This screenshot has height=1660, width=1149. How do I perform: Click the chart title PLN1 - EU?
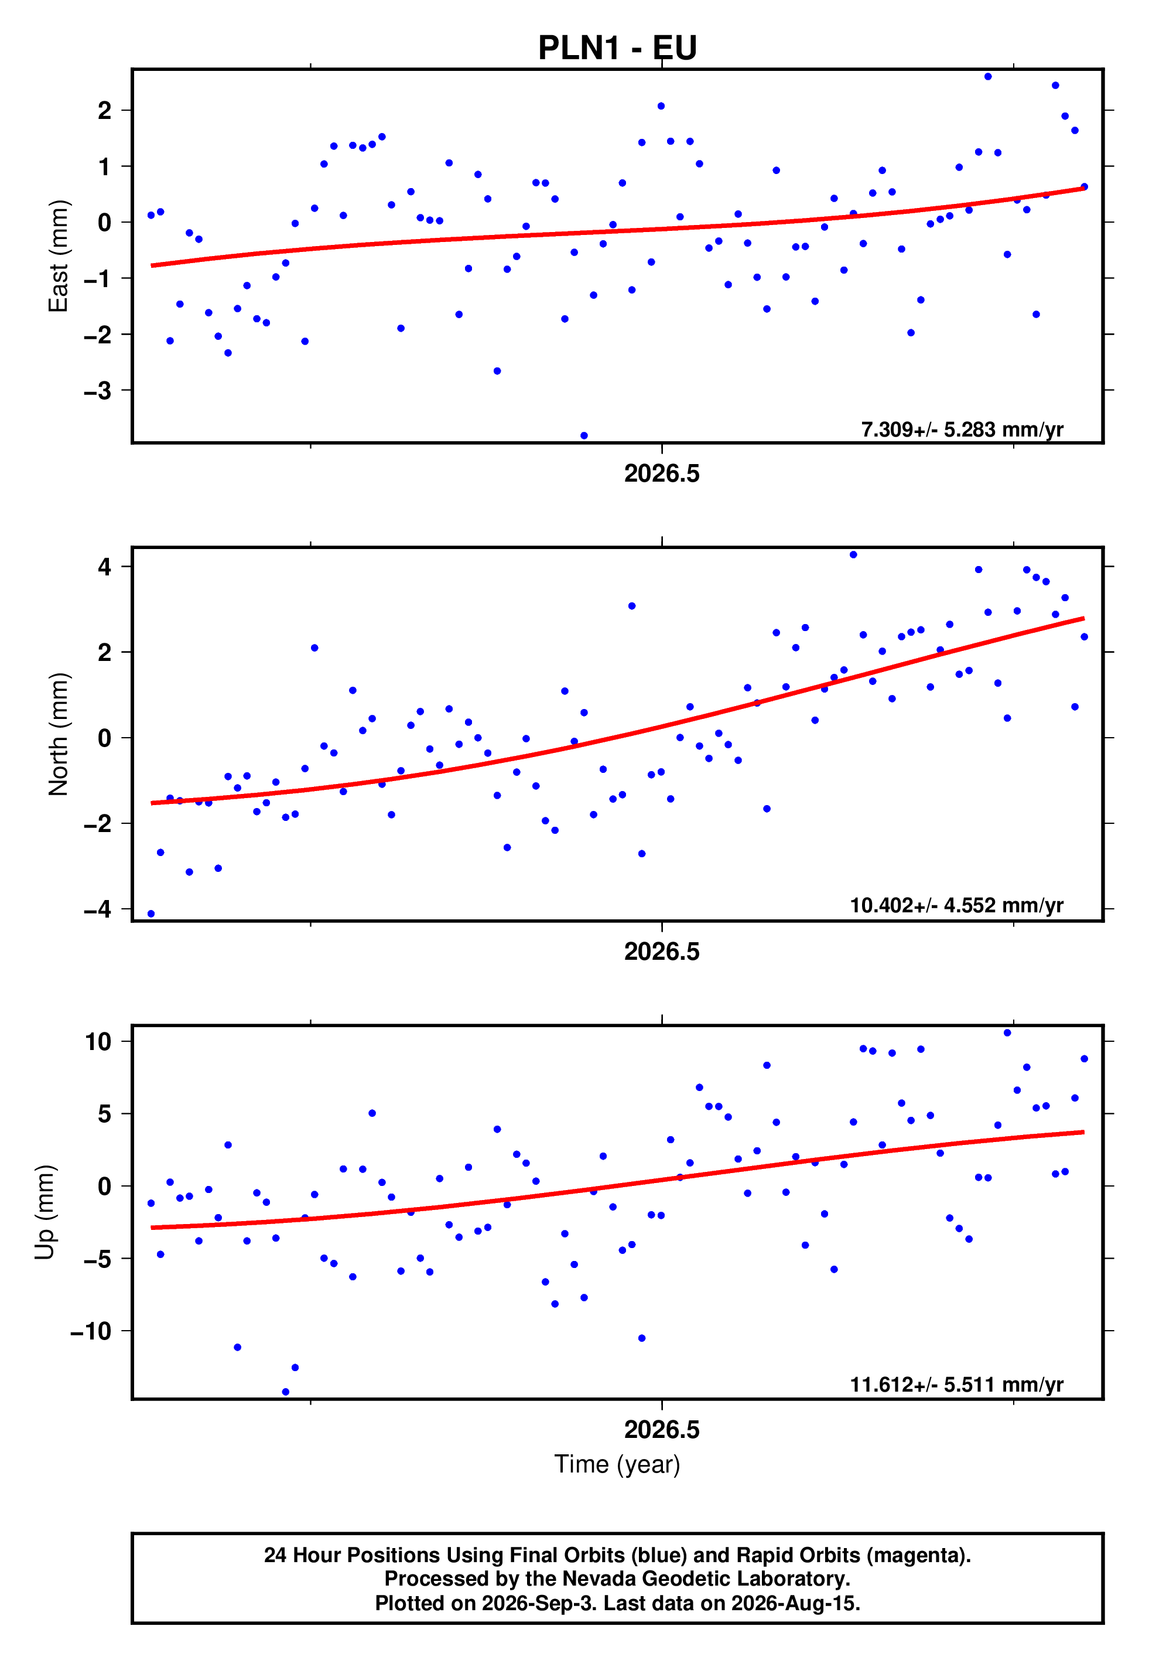617,47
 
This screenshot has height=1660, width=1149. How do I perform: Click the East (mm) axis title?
59,255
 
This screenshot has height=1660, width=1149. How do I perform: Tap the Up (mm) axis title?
45,1212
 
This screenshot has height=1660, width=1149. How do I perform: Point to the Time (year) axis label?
617,1464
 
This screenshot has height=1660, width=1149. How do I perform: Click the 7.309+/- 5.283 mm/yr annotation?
962,430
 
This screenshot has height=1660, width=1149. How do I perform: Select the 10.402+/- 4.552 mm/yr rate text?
956,905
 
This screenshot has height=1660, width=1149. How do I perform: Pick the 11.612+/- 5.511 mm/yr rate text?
956,1384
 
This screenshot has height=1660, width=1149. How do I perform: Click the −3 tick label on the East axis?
97,390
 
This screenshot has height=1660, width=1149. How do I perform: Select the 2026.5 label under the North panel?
662,952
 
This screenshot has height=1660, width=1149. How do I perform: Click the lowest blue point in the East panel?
584,436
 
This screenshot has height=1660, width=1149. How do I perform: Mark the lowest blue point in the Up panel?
285,1392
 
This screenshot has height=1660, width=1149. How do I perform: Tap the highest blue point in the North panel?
853,554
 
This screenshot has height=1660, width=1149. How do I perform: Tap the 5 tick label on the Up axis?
105,1114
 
